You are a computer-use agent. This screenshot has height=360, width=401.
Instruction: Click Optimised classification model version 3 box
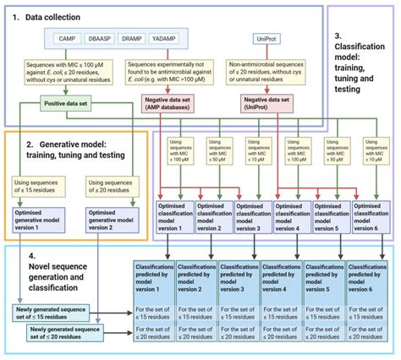click(x=251, y=216)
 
